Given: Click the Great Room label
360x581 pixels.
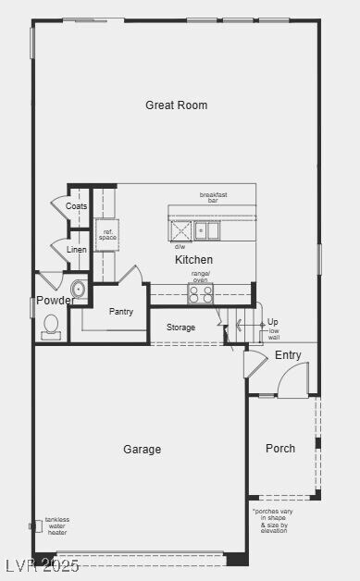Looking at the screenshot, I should pyautogui.click(x=176, y=105).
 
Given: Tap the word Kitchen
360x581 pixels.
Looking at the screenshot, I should pyautogui.click(x=193, y=260).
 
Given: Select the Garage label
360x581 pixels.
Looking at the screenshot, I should pyautogui.click(x=142, y=450).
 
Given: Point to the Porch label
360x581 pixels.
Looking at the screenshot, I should pyautogui.click(x=280, y=449).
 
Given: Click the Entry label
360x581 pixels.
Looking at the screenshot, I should pyautogui.click(x=288, y=355).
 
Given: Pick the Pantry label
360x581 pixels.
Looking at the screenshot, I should pyautogui.click(x=121, y=312).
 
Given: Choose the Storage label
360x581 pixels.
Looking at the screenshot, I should pyautogui.click(x=180, y=328).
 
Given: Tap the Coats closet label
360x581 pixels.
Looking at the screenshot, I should pyautogui.click(x=77, y=206).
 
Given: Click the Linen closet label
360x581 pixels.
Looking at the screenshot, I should pyautogui.click(x=77, y=250).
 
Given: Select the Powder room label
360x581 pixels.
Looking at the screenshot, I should pyautogui.click(x=56, y=301).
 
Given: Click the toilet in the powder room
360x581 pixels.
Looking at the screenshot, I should pyautogui.click(x=51, y=326).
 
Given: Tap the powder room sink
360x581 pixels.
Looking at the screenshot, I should pyautogui.click(x=78, y=290).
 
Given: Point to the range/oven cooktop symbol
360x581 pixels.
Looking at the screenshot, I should pyautogui.click(x=201, y=293).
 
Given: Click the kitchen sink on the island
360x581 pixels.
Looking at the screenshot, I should pyautogui.click(x=206, y=229).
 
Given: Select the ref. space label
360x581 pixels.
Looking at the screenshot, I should pyautogui.click(x=107, y=235).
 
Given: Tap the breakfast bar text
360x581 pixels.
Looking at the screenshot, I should pyautogui.click(x=214, y=197).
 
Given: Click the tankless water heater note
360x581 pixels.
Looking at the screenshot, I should pyautogui.click(x=57, y=525).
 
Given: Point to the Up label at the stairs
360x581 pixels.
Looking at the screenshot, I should pyautogui.click(x=273, y=322).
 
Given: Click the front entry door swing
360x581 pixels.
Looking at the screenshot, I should pyautogui.click(x=293, y=379).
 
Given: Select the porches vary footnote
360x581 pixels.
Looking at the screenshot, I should pyautogui.click(x=270, y=521).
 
